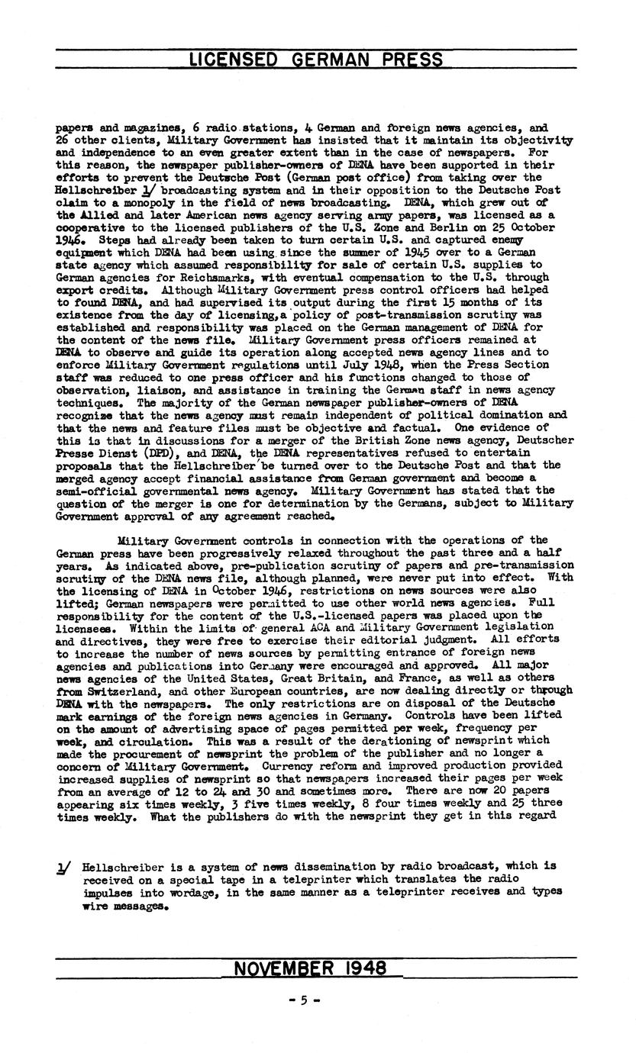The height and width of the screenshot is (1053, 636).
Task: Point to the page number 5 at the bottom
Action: click(x=303, y=1000)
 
